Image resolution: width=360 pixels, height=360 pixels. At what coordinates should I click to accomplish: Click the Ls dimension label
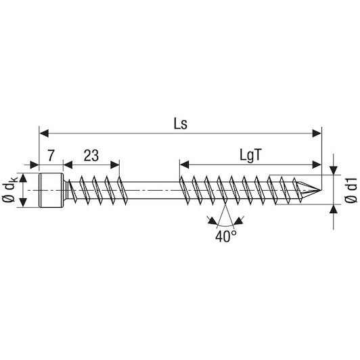click(181, 125)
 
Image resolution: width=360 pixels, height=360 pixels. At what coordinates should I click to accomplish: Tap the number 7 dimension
click(51, 155)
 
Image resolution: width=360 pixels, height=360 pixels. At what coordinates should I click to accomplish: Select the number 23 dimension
click(91, 156)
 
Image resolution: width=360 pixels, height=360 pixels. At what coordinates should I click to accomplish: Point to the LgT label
click(250, 156)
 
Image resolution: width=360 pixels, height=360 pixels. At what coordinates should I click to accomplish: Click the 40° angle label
click(225, 236)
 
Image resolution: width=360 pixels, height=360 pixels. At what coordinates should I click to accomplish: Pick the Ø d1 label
click(351, 190)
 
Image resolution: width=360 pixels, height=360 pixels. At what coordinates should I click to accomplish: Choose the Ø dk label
click(9, 189)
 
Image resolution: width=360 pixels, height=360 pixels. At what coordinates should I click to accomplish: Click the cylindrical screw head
click(51, 190)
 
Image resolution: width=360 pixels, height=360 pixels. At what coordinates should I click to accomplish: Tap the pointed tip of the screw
click(320, 190)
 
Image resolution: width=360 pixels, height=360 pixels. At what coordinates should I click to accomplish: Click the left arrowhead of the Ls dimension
click(44, 133)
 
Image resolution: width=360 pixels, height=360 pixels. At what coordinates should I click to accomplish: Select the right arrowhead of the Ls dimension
click(317, 133)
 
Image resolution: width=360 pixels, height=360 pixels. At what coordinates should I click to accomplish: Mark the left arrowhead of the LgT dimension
click(184, 164)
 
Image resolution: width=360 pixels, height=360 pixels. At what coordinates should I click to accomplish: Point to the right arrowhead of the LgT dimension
click(317, 164)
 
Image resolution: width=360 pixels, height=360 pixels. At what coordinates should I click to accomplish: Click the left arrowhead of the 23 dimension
click(68, 164)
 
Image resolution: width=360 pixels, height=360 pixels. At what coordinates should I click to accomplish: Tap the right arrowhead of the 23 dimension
click(115, 164)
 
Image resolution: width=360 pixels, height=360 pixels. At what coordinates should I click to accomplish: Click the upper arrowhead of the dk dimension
click(23, 178)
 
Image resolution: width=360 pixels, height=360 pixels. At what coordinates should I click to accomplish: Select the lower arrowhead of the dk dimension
click(23, 202)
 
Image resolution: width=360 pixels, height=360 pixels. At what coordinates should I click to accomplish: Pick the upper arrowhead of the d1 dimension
click(334, 170)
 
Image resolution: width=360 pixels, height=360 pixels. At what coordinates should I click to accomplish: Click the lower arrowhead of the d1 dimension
click(334, 208)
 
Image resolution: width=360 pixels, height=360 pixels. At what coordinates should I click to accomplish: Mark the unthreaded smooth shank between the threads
click(153, 190)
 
